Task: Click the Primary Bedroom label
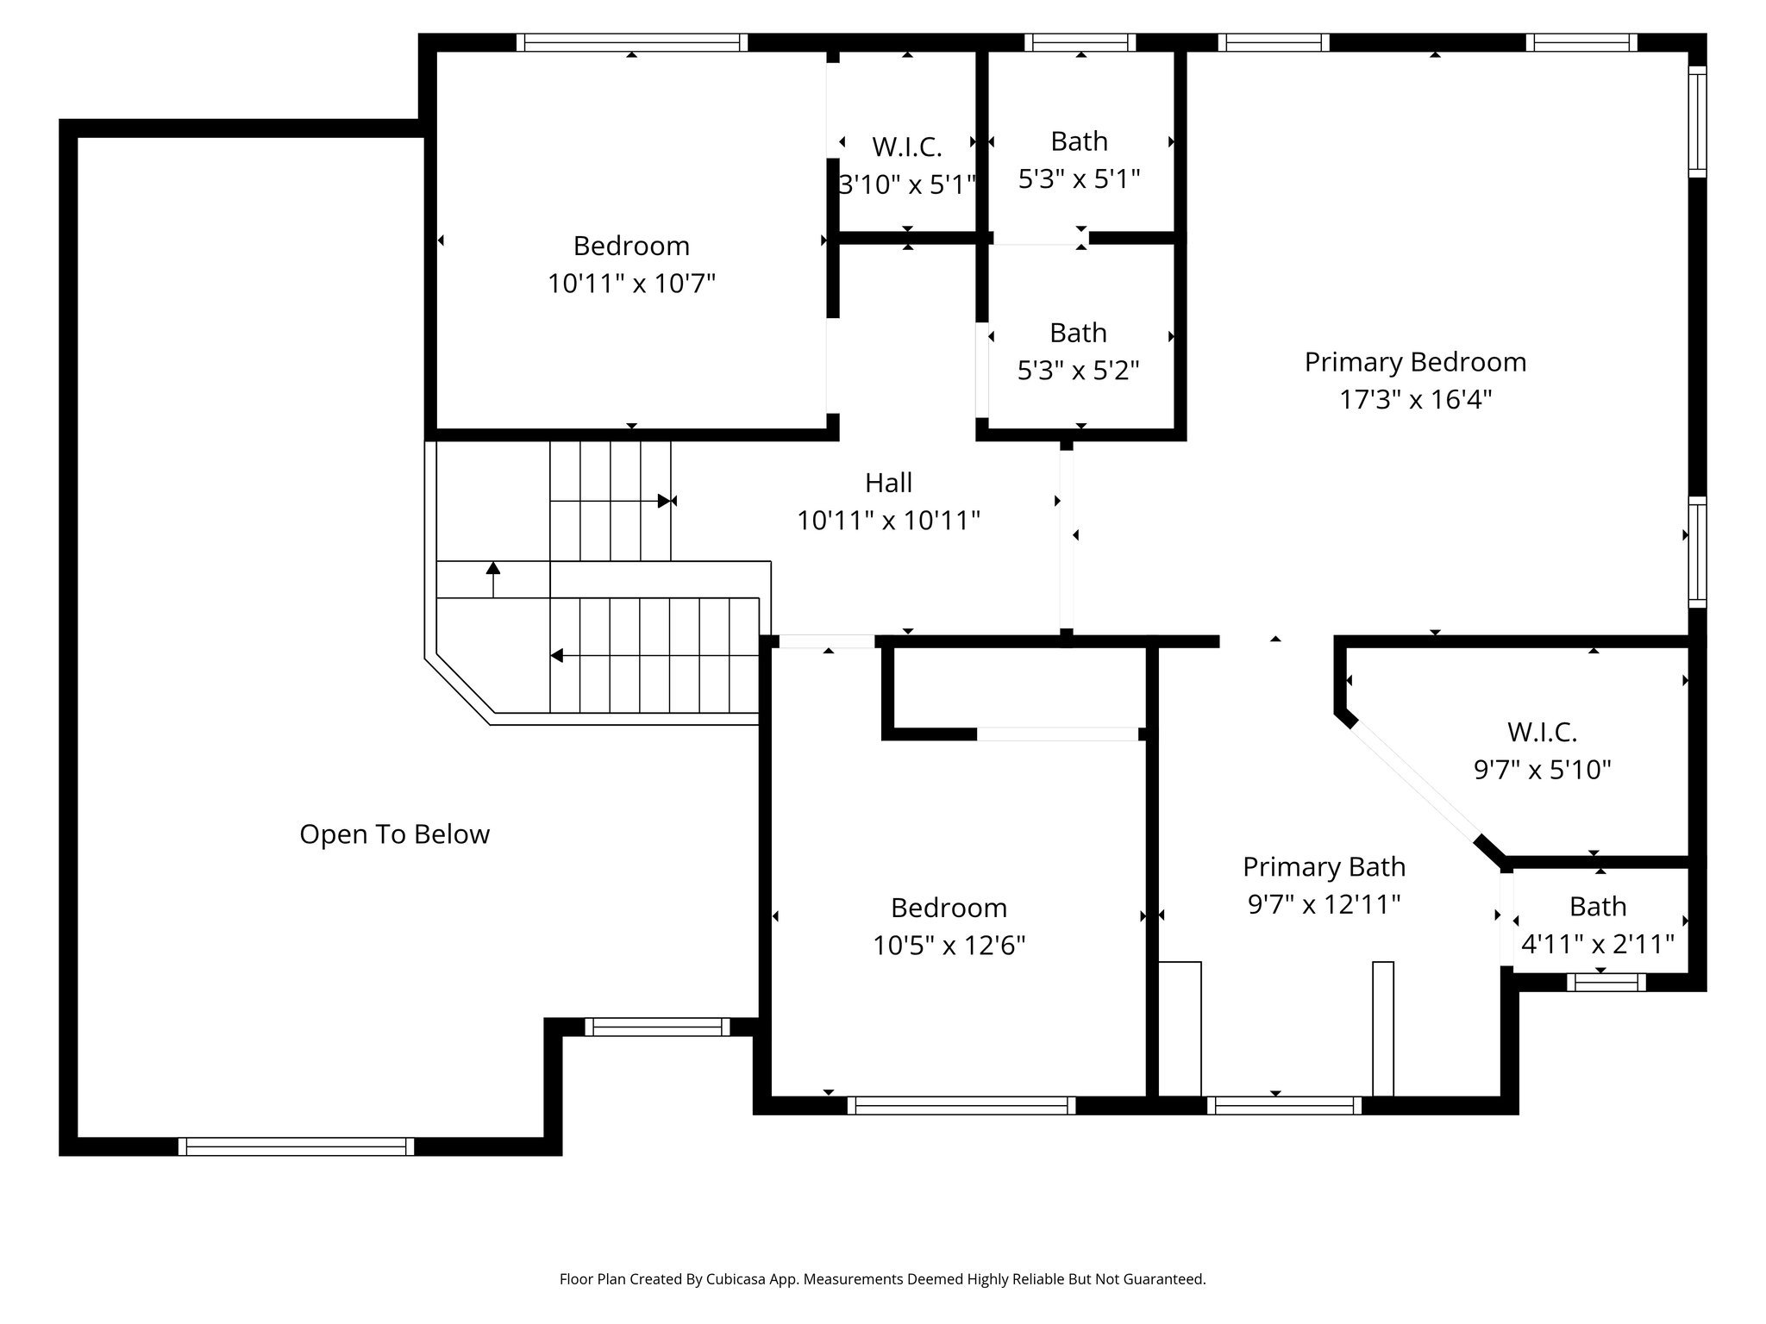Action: click(1415, 362)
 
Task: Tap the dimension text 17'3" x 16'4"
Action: click(1415, 400)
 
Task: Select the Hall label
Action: click(888, 483)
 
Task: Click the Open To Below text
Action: click(394, 834)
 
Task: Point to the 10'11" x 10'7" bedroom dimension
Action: click(631, 284)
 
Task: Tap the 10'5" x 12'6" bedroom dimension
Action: click(949, 946)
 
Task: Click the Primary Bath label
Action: click(1324, 866)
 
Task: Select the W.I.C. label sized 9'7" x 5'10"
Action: click(1542, 732)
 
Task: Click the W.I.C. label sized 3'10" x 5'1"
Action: click(906, 147)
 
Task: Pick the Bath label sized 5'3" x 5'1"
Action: click(1079, 141)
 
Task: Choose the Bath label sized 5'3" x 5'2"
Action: click(1078, 333)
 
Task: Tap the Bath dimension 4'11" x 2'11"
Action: click(1597, 945)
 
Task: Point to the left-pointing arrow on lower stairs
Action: click(558, 656)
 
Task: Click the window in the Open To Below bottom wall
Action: click(296, 1146)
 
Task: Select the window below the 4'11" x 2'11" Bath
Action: click(1606, 982)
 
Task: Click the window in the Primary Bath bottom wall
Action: click(1284, 1106)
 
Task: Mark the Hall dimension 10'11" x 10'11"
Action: click(888, 521)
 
